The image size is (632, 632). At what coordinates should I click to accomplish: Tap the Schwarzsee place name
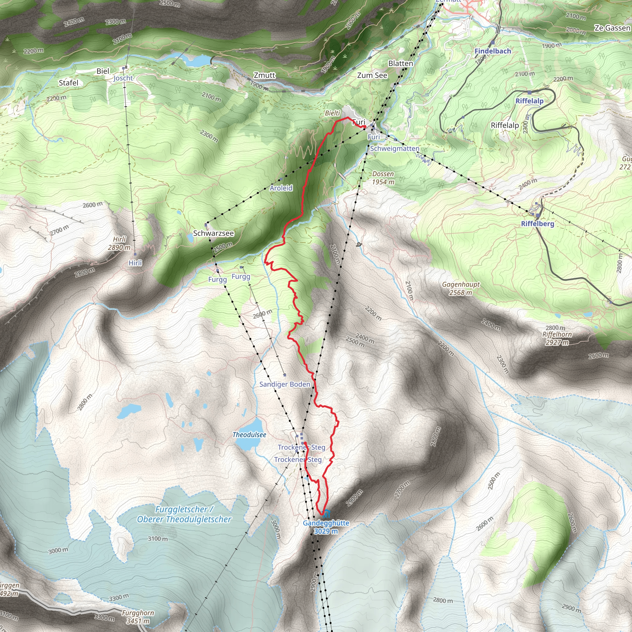213,233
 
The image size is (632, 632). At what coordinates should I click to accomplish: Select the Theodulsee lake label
249,435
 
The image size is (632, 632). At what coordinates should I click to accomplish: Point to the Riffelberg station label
538,224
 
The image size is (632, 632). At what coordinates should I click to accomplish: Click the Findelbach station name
493,51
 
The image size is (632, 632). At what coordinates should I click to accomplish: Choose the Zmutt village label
265,75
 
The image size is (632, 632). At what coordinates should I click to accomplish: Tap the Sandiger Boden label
285,385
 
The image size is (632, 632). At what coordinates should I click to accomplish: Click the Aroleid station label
281,188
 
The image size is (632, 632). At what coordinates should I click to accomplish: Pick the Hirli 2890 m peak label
119,243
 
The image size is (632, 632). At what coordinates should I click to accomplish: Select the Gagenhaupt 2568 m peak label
461,289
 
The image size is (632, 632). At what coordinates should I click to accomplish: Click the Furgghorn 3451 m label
138,617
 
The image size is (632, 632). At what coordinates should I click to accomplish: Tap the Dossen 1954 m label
383,178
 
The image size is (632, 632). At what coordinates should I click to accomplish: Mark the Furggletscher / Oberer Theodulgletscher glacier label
184,514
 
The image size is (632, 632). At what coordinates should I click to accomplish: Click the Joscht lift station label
123,78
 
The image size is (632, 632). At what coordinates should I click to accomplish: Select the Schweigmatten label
394,148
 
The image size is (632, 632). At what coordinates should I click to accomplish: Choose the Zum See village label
372,76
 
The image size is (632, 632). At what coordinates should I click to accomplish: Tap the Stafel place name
69,83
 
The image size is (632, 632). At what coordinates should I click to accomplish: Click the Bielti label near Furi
332,113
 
